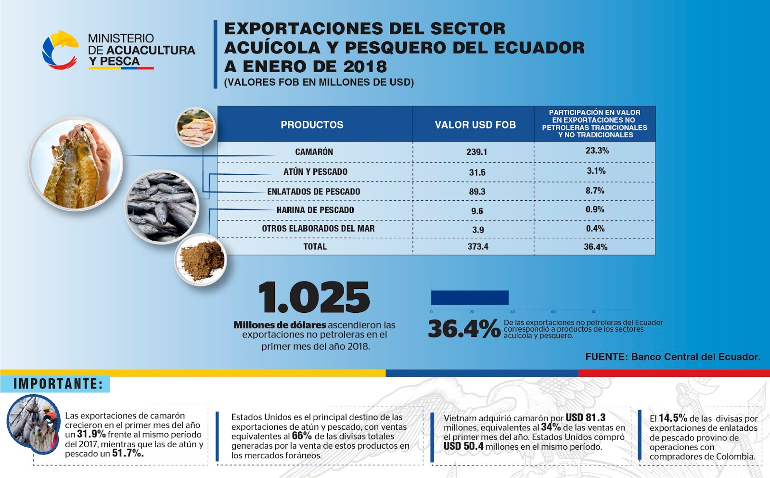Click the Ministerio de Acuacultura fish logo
[x=60, y=50]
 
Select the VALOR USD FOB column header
[x=475, y=125]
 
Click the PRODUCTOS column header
[x=312, y=125]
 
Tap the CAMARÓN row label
[x=314, y=152]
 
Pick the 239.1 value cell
[x=476, y=152]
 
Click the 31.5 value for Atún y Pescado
[x=477, y=172]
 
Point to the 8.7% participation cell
[x=595, y=191]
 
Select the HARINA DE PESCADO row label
[x=315, y=210]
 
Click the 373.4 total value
[x=478, y=246]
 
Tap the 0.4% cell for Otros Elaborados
[x=595, y=229]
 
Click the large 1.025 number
[x=314, y=297]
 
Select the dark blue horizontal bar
[x=470, y=297]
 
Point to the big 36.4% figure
[x=464, y=329]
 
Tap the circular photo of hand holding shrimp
[x=76, y=164]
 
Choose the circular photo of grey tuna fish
[x=162, y=207]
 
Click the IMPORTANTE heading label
[x=58, y=384]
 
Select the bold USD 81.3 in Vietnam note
[x=585, y=417]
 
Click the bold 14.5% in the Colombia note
[x=672, y=418]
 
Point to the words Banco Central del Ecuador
[x=695, y=357]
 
